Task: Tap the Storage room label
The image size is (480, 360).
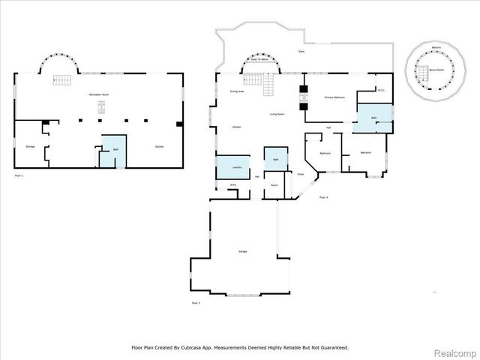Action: tap(30, 145)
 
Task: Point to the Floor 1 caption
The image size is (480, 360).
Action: tap(19, 175)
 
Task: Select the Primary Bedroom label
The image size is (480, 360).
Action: tap(334, 98)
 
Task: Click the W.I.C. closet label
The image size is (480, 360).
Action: tap(381, 91)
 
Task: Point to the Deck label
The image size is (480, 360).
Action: tap(301, 52)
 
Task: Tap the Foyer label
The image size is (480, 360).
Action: tap(300, 174)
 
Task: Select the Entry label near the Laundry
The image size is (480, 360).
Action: tap(233, 184)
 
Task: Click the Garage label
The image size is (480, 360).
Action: tap(243, 251)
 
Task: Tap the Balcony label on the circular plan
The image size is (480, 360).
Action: tap(436, 46)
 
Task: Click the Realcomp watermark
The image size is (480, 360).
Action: tap(456, 351)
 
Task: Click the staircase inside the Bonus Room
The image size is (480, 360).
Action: tap(421, 76)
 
